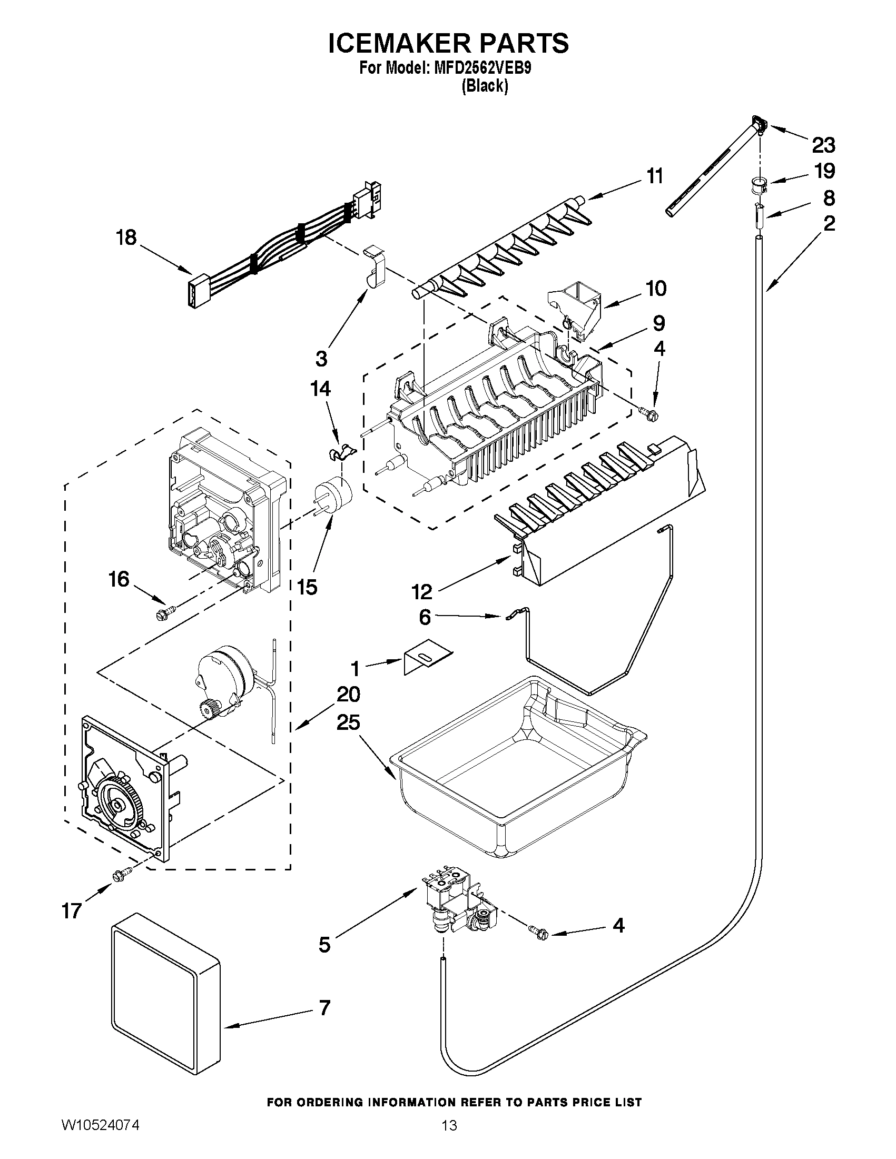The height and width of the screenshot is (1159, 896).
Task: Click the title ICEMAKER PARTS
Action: (448, 43)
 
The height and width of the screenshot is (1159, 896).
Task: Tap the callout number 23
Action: (823, 144)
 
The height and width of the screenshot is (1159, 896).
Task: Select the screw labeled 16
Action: (160, 615)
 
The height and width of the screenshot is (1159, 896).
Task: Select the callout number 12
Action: (422, 591)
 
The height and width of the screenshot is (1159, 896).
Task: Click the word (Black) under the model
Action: (484, 86)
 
